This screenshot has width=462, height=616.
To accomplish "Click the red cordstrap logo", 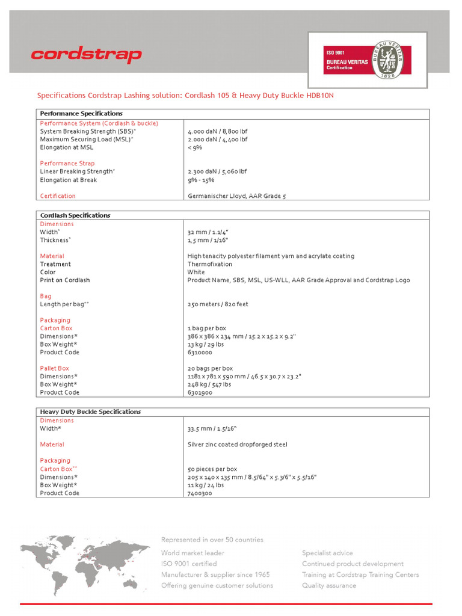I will [x=86, y=55].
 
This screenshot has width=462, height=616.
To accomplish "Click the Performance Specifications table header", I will [x=81, y=113].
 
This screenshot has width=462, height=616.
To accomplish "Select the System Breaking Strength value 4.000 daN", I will [x=217, y=131].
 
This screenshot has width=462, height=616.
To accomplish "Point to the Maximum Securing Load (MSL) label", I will [x=87, y=139].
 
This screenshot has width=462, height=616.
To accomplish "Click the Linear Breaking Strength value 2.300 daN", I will [x=217, y=171].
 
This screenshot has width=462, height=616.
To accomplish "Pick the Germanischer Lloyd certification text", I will [x=236, y=196].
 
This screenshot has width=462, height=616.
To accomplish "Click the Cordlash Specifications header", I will [x=75, y=215].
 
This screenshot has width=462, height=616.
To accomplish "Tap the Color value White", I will [x=196, y=272].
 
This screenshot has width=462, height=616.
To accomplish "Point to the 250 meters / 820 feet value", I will [x=218, y=304].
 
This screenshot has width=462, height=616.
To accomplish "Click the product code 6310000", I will [x=200, y=353].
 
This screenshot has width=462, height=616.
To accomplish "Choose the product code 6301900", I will [x=200, y=393].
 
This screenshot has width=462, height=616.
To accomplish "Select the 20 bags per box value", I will [x=210, y=368].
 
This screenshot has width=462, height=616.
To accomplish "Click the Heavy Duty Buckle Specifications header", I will [x=90, y=411].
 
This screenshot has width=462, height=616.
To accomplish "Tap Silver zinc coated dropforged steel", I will [x=237, y=445].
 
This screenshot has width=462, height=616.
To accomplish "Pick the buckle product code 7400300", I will [x=200, y=493].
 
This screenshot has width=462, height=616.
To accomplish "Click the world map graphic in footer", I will [x=84, y=559].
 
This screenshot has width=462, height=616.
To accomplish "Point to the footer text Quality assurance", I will [x=328, y=585].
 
